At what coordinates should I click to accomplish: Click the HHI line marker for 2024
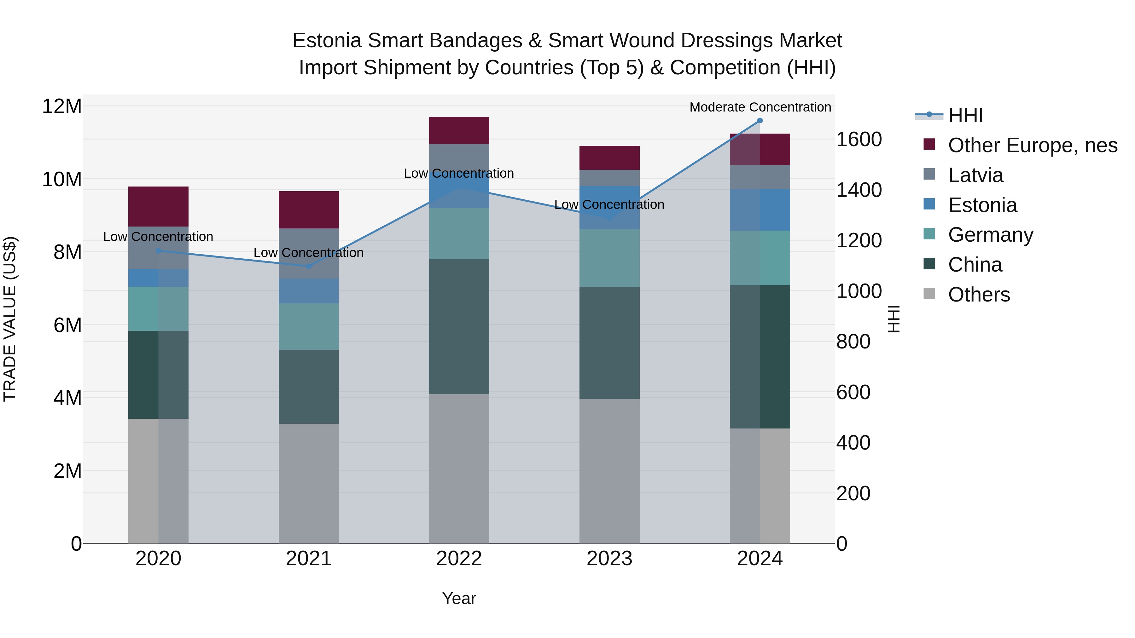[x=760, y=121]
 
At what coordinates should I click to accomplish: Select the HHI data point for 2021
[x=308, y=266]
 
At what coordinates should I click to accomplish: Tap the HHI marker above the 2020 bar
[x=159, y=250]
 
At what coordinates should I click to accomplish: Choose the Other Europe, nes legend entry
[x=1032, y=145]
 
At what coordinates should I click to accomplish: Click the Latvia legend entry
[x=975, y=175]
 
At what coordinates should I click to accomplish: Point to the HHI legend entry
[x=965, y=115]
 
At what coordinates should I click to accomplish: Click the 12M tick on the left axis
[x=62, y=106]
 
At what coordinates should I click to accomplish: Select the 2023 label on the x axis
[x=609, y=559]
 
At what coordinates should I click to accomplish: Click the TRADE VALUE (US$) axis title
[x=10, y=319]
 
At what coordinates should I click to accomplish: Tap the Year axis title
[x=459, y=598]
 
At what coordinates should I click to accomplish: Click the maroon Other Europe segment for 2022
[x=459, y=130]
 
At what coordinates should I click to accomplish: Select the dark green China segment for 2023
[x=609, y=343]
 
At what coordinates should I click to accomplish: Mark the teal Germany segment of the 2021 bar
[x=308, y=326]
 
